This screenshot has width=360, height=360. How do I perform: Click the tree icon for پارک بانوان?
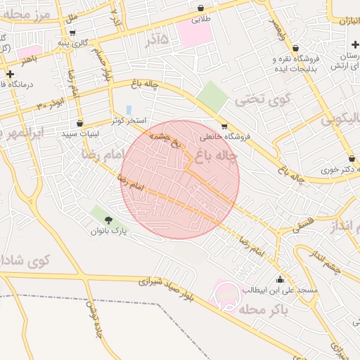tap(108, 221)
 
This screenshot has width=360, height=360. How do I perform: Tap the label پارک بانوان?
tap(108, 231)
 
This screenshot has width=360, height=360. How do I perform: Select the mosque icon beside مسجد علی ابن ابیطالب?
tap(281, 278)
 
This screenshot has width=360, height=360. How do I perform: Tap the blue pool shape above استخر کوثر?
tap(129, 110)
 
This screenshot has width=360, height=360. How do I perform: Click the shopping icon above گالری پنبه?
tap(72, 32)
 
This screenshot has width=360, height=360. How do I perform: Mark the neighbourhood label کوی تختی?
tap(243, 100)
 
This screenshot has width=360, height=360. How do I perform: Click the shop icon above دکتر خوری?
tap(351, 157)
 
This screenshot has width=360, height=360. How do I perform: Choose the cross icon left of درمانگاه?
tap(10, 74)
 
